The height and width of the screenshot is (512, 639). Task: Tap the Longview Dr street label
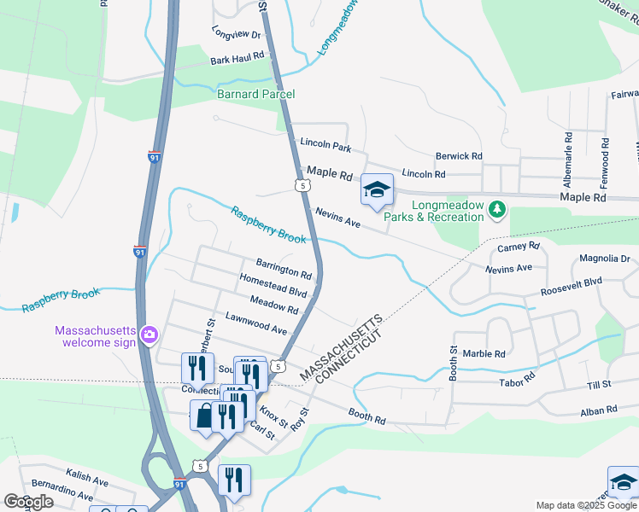237,33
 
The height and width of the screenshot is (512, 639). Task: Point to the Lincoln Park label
325,148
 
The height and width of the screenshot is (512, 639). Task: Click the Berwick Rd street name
459,156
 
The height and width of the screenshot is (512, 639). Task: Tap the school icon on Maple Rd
377,190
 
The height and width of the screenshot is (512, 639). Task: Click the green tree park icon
496,208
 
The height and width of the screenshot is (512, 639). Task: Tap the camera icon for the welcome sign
149,334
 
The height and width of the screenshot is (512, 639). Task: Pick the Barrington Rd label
284,271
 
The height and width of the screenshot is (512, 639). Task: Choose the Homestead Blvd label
273,286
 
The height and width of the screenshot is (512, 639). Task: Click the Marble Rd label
484,353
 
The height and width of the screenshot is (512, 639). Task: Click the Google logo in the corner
27,502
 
